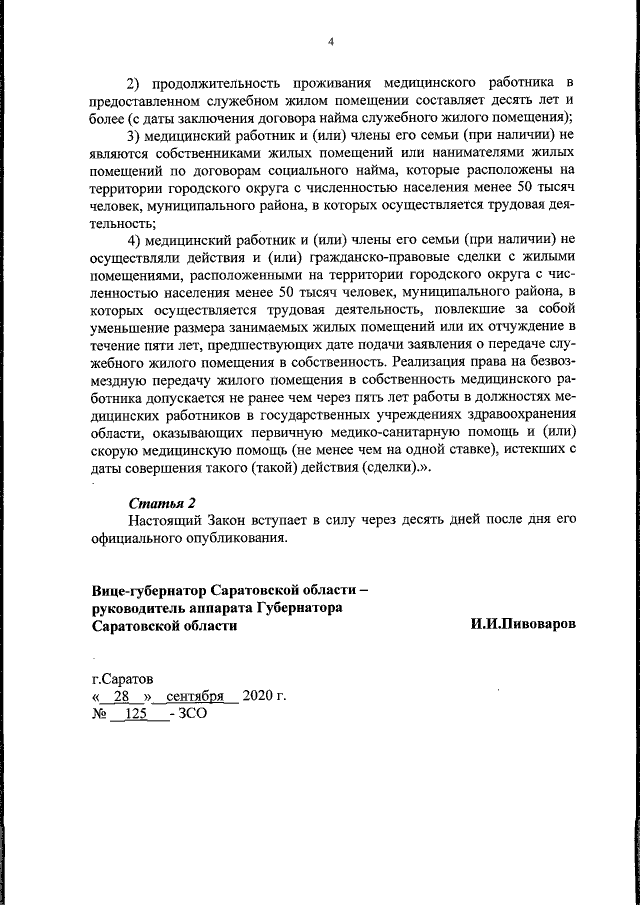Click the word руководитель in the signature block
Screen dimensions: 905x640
point(143,606)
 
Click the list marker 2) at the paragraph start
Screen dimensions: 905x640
point(135,81)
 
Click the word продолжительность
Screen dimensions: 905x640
point(221,81)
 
